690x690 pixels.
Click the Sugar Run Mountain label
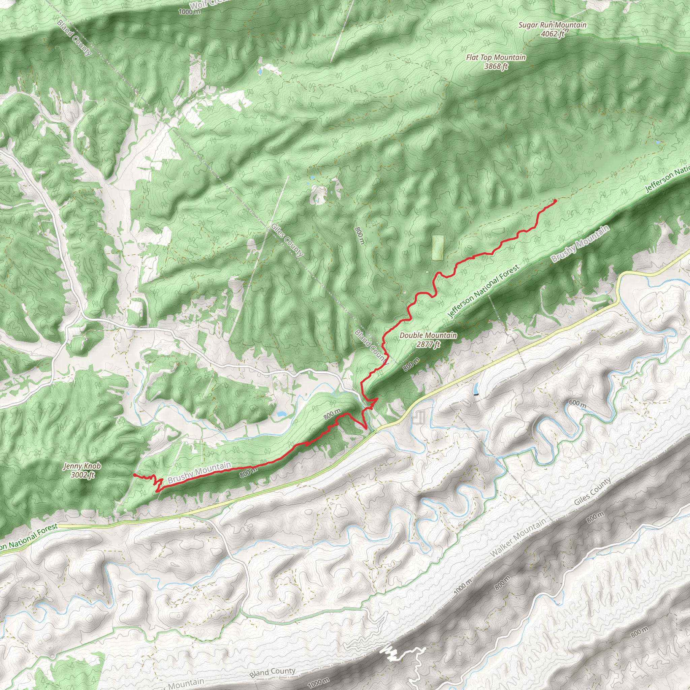click(x=552, y=25)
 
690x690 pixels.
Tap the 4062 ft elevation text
click(x=552, y=34)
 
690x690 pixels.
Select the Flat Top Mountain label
click(x=496, y=58)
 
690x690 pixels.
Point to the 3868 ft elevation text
click(x=496, y=66)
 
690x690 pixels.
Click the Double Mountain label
click(x=428, y=335)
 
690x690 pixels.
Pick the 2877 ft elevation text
click(x=428, y=344)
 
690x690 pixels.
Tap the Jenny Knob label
click(x=82, y=466)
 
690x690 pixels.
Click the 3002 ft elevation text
click(x=82, y=475)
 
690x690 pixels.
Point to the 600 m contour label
click(x=577, y=405)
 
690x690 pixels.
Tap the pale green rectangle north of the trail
click(x=438, y=247)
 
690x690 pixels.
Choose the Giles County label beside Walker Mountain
click(x=593, y=492)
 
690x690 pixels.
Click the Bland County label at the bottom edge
click(x=273, y=672)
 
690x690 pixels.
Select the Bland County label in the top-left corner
click(x=74, y=38)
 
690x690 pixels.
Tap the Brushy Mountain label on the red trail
click(x=199, y=472)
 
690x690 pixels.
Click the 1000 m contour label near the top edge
click(x=189, y=12)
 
